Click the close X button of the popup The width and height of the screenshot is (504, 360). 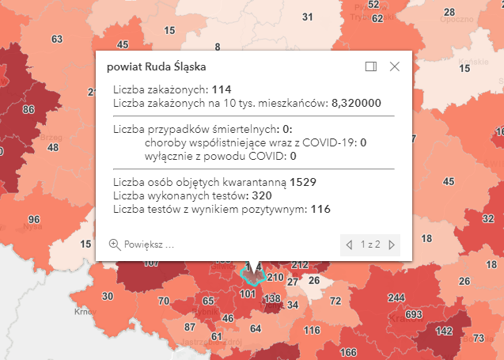[395, 67]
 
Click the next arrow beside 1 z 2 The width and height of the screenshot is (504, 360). [392, 244]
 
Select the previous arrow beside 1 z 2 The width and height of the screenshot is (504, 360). [349, 244]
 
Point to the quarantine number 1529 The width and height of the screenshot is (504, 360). [303, 182]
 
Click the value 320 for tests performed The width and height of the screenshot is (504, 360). [262, 195]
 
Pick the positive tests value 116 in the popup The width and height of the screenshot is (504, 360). [320, 209]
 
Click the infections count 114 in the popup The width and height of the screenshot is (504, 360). [222, 89]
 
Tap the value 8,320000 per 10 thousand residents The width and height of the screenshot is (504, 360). [357, 103]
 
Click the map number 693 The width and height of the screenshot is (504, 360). [413, 315]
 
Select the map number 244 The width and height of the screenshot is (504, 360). [396, 297]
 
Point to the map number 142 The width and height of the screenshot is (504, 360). [444, 331]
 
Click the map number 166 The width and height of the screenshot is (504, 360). [349, 352]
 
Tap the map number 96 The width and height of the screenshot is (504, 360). [34, 219]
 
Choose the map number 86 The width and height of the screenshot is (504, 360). [28, 109]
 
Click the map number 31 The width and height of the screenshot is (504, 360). [308, 17]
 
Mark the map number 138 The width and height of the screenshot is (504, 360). [272, 298]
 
